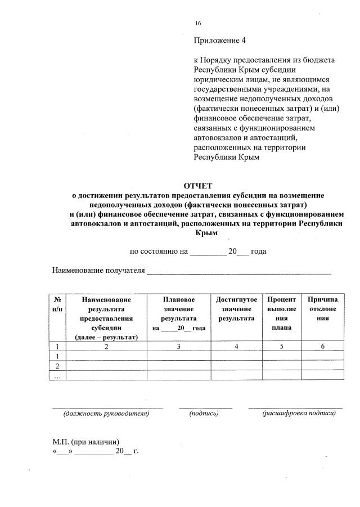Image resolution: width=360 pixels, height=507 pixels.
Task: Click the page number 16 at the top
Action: (x=197, y=23)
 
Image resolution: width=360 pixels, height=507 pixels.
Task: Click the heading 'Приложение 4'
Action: (x=220, y=41)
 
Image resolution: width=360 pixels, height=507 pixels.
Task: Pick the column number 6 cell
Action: (x=322, y=346)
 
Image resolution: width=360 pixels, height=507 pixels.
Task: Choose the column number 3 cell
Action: (x=178, y=346)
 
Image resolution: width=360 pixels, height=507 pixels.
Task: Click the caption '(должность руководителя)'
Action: (x=106, y=414)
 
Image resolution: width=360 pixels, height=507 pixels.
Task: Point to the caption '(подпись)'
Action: (x=204, y=414)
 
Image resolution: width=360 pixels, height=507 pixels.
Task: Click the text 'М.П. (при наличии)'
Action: (x=85, y=442)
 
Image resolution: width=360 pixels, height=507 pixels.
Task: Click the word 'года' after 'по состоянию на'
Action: (x=258, y=252)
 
